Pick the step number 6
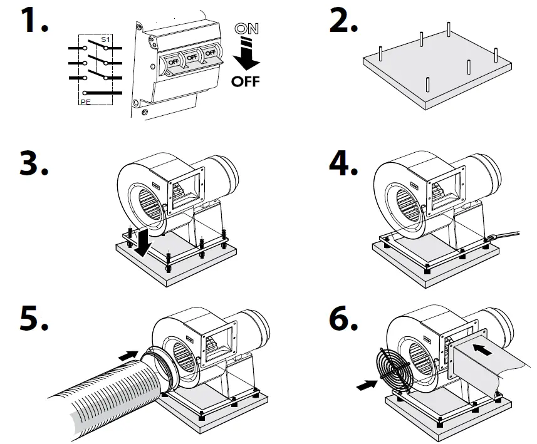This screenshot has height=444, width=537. coord(342,318)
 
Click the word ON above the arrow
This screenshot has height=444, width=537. coord(245,29)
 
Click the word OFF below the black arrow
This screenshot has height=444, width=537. coord(245,82)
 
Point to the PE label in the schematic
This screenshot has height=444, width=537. coord(85,100)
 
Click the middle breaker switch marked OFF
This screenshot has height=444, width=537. coord(192,58)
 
